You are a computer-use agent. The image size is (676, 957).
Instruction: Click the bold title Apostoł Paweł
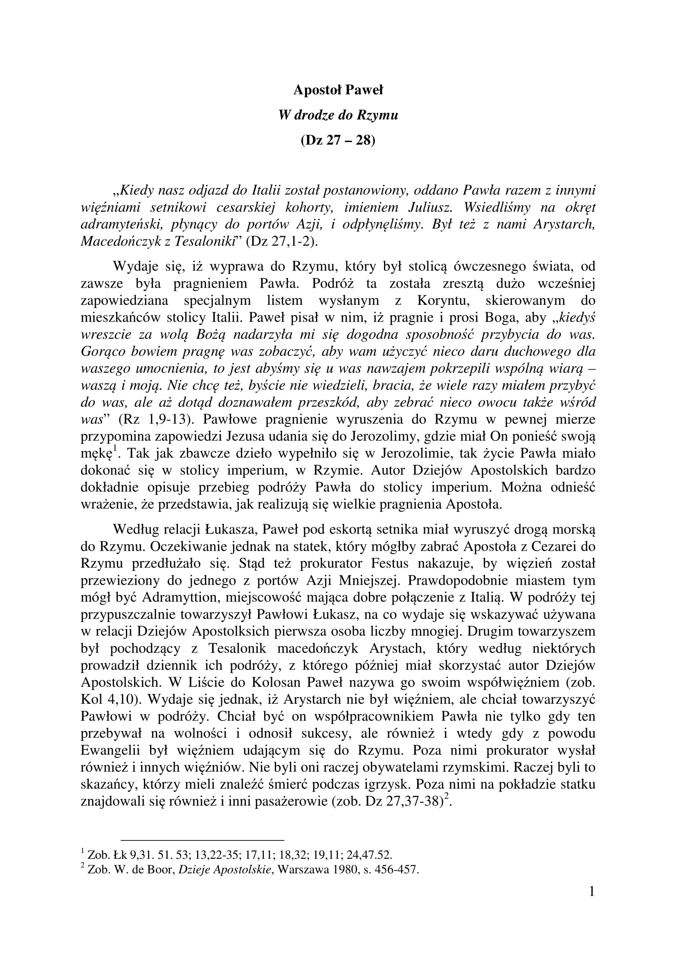pos(338,90)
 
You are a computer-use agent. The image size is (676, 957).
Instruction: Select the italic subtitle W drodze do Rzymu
pos(338,115)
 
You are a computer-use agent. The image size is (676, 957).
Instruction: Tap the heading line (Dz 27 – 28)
pos(338,140)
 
